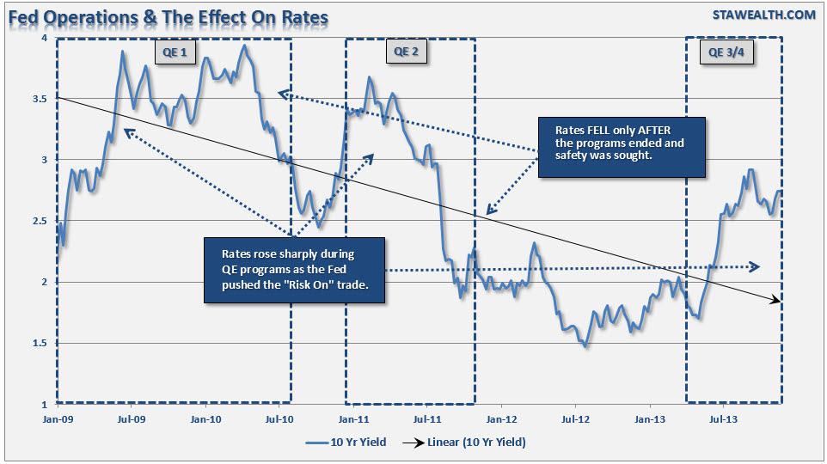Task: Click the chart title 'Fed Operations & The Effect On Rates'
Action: pos(168,15)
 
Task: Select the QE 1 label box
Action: pos(175,53)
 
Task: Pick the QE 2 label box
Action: pos(406,52)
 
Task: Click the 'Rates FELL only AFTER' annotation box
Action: pos(621,147)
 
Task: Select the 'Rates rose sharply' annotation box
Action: pos(293,270)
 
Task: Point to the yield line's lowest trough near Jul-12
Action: pos(586,345)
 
